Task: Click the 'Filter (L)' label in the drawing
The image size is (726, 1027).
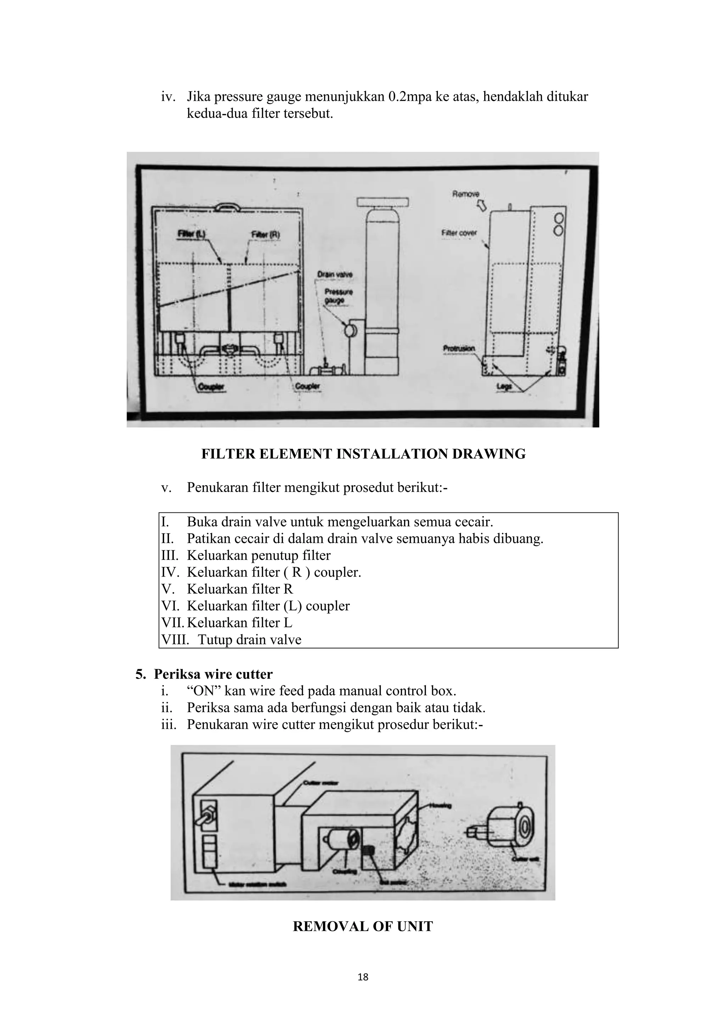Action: click(x=191, y=234)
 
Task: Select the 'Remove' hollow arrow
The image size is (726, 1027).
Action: click(x=481, y=206)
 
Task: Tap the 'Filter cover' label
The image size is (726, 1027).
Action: click(x=459, y=233)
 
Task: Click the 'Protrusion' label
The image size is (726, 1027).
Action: click(x=459, y=349)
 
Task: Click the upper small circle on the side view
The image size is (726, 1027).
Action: click(x=558, y=219)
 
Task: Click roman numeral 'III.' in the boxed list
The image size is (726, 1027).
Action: click(x=169, y=556)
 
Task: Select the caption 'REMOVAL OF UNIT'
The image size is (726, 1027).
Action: click(x=363, y=935)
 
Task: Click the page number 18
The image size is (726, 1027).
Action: click(x=363, y=990)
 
